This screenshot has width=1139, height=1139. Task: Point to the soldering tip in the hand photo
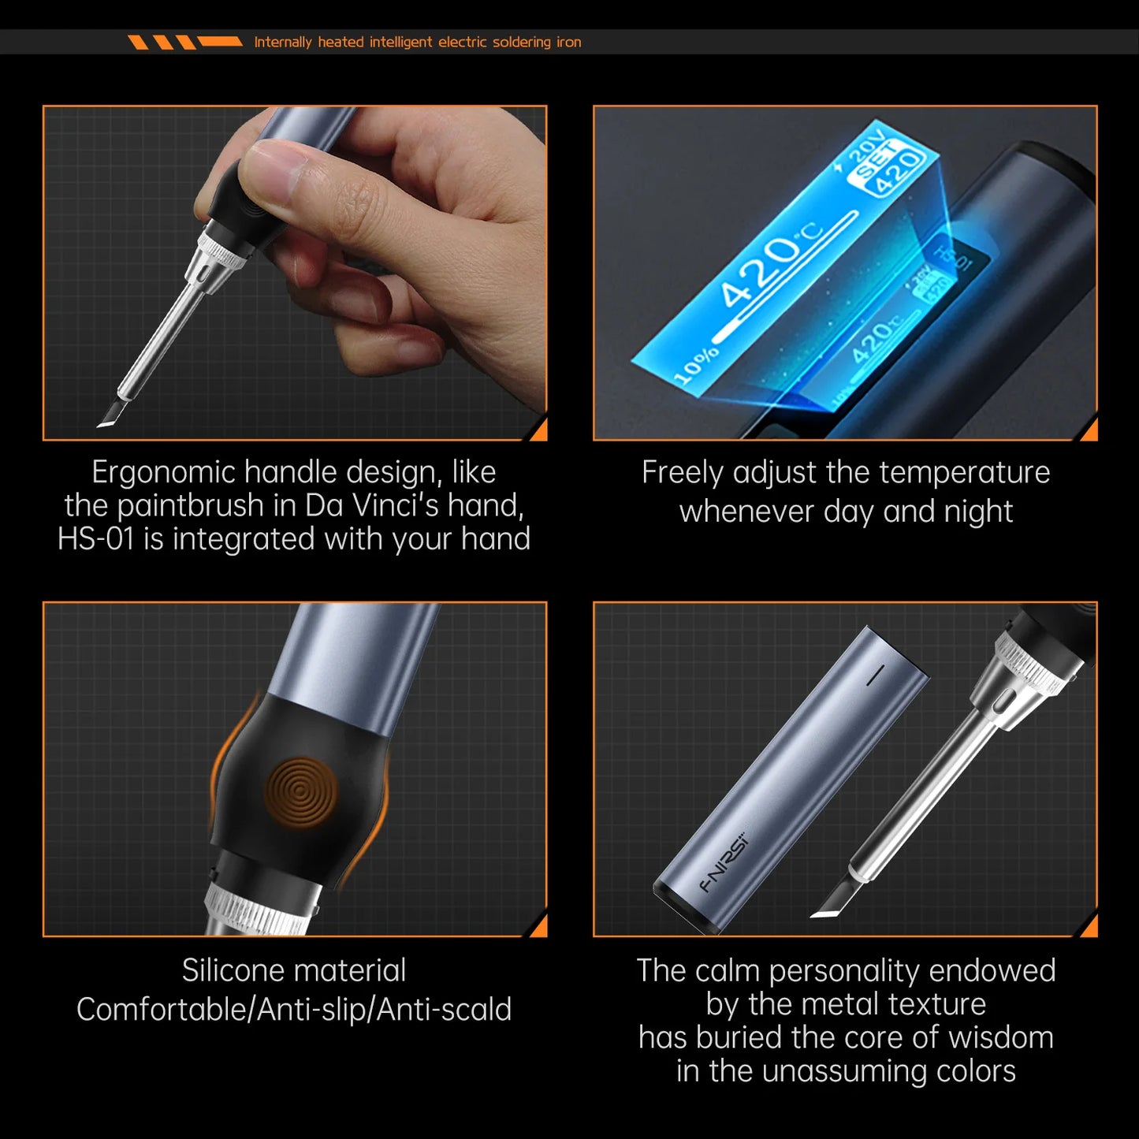[108, 415]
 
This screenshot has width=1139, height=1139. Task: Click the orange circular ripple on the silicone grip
[300, 793]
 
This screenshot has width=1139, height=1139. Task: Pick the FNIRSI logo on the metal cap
[726, 864]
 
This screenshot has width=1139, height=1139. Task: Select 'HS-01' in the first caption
[96, 540]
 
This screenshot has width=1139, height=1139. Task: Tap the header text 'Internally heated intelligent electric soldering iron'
[417, 43]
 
